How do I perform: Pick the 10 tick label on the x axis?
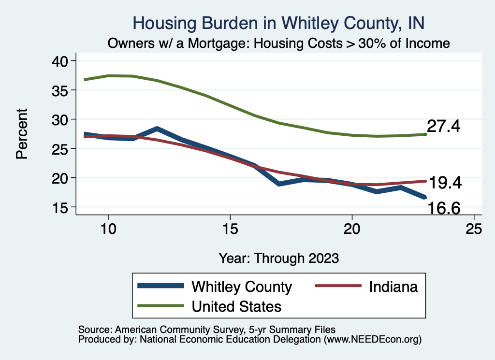coord(108,229)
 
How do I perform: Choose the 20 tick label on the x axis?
coord(352,229)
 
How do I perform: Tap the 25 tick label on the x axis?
coord(474,229)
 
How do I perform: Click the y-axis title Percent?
coord(21,134)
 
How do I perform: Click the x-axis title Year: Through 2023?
coord(278,257)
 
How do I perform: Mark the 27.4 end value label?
coord(444,127)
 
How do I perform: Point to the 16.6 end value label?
coord(443,208)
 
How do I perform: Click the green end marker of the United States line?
coord(425,134)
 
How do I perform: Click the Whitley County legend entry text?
coord(242,287)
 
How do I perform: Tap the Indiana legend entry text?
coord(393,287)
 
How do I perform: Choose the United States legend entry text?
coord(236,306)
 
